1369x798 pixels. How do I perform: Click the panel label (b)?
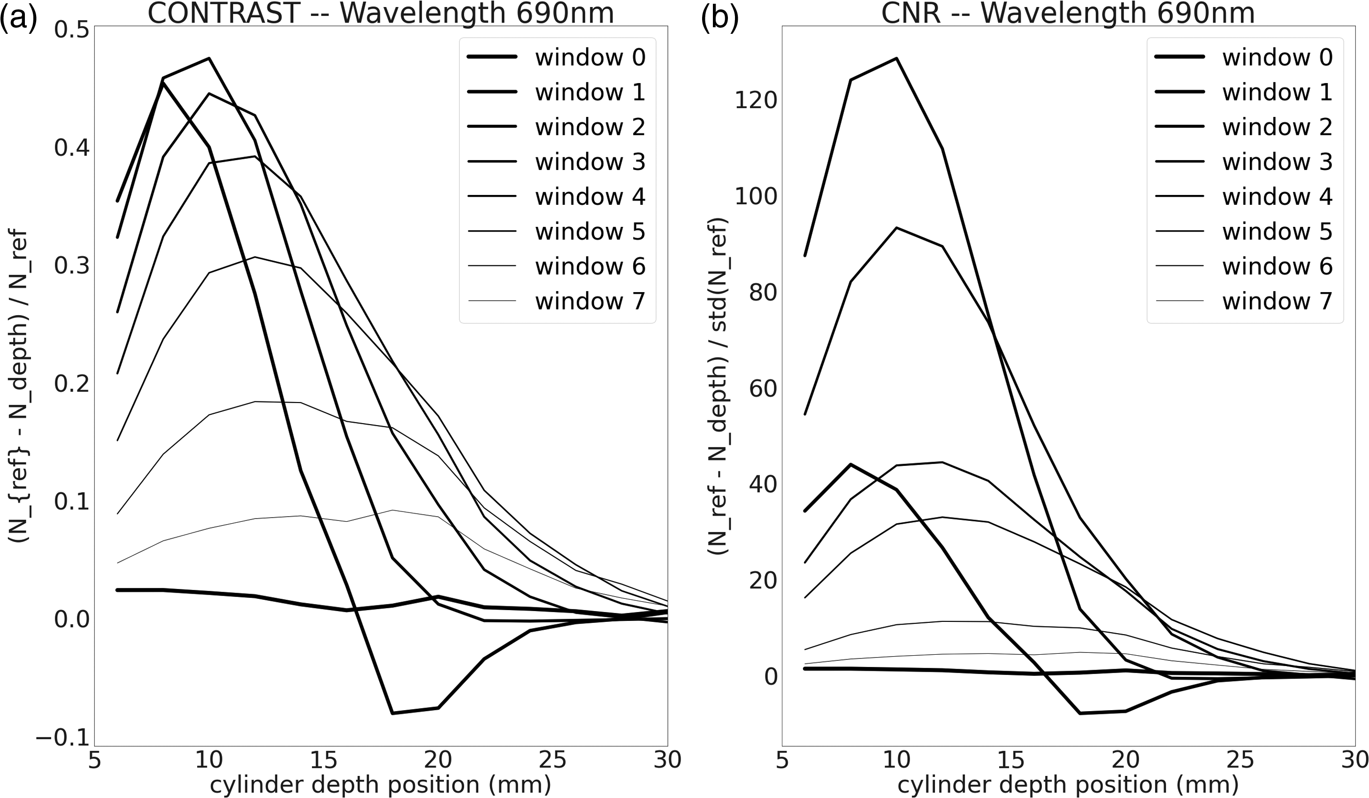click(719, 16)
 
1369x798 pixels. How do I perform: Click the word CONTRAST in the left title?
click(224, 13)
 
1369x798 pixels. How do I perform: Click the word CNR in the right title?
click(911, 13)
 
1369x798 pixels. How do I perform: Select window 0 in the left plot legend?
click(590, 58)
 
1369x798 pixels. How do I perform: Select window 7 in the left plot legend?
click(590, 301)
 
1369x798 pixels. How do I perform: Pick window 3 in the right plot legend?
click(1277, 162)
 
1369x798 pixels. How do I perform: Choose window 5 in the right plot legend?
click(1277, 232)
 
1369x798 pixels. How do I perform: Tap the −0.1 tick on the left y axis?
click(62, 738)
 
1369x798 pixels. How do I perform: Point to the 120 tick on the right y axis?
click(756, 100)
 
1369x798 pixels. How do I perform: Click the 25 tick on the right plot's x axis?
click(1240, 760)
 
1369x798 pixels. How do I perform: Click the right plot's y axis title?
click(718, 386)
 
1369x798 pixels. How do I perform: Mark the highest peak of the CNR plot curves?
click(896, 58)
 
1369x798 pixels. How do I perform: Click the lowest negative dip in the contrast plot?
click(392, 713)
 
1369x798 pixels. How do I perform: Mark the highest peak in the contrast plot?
click(209, 58)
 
